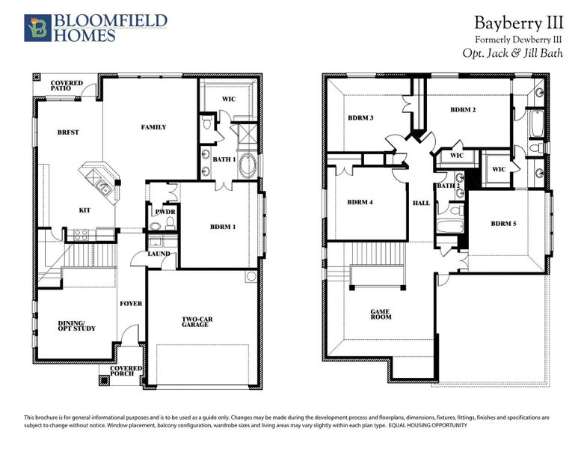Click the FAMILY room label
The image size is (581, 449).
tap(153, 127)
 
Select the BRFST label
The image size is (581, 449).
tap(68, 132)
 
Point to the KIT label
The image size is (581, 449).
tap(85, 210)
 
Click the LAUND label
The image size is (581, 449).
tap(159, 254)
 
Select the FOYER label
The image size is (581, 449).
tap(130, 304)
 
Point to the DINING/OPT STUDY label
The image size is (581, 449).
tap(76, 326)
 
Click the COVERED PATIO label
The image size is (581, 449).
tap(67, 86)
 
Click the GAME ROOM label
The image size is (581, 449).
tap(381, 315)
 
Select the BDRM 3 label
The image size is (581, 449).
tap(360, 118)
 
